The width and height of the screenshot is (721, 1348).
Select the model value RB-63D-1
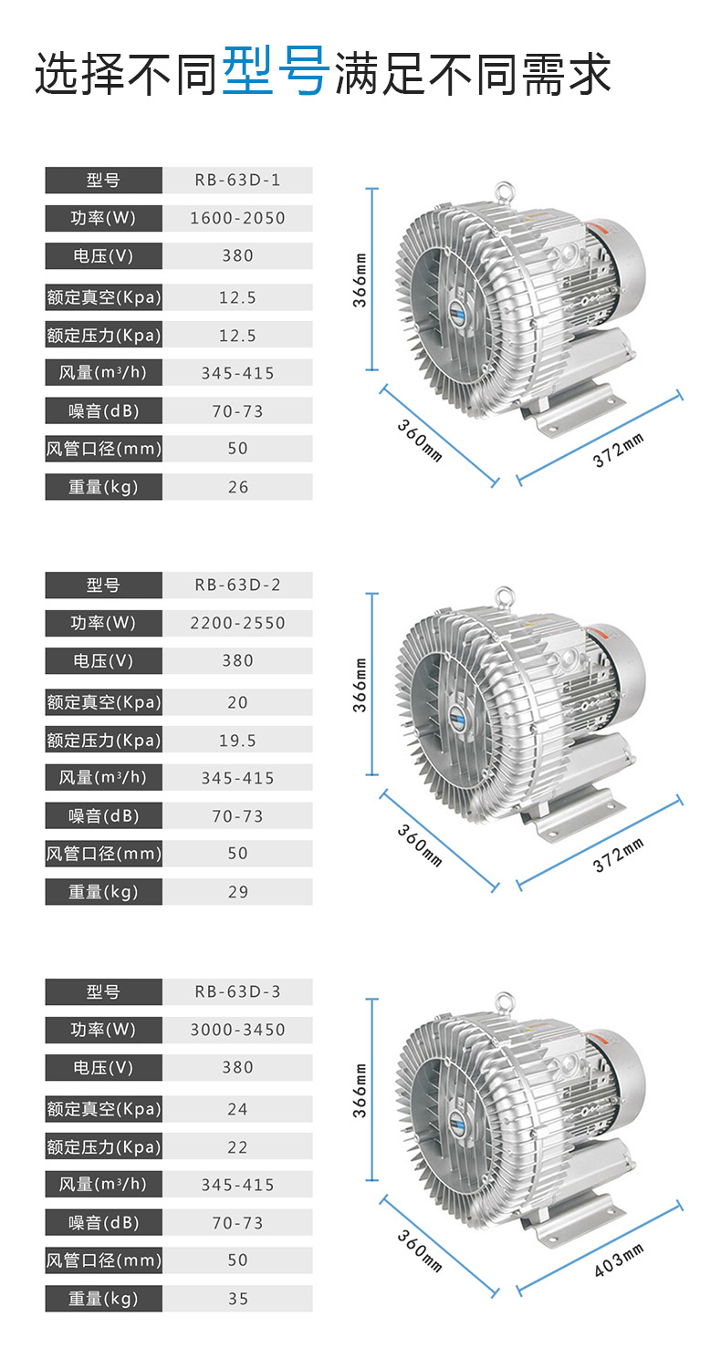pos(237,181)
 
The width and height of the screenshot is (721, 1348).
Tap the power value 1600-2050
pos(237,218)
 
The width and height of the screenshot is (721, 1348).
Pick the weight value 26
pos(237,487)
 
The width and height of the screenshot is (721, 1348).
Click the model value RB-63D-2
pos(237,586)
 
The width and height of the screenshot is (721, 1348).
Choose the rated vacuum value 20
pos(237,702)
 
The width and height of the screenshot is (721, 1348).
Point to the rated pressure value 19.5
pos(237,741)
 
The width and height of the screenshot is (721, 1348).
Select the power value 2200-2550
pos(237,623)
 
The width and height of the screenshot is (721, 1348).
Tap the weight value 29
pos(237,892)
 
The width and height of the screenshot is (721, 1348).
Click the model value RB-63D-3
pos(237,992)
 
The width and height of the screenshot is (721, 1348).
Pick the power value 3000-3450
pos(237,1030)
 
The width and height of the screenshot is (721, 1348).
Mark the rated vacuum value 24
pos(237,1109)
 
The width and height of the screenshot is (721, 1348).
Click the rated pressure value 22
pos(237,1147)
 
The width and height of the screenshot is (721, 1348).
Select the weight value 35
pos(237,1299)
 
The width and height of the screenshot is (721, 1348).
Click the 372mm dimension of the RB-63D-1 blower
pos(618,450)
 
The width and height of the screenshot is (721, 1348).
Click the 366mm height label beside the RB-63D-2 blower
pos(360,684)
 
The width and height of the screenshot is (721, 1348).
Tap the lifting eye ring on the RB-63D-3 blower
pos(503,1001)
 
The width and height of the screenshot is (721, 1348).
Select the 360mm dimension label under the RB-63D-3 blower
pos(420,1250)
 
